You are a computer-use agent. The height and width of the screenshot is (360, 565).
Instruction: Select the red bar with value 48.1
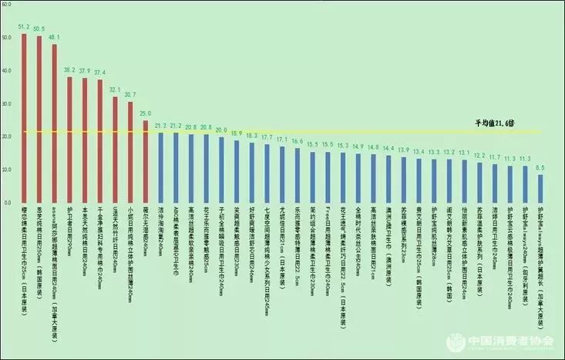coord(55,123)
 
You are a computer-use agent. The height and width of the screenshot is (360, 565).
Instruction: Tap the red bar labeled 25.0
coord(146,161)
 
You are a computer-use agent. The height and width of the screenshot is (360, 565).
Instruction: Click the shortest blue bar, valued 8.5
coord(540,188)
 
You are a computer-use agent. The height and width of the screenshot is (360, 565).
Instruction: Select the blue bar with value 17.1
coord(282,174)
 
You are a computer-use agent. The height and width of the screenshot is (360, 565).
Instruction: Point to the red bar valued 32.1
coord(116,150)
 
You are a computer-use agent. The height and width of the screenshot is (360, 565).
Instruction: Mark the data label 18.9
coord(237,133)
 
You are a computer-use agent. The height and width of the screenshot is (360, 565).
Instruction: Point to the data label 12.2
coord(479,155)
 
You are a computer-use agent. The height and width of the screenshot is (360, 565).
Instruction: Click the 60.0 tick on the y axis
coord(8,5)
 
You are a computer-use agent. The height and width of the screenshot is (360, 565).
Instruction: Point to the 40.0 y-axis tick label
coord(8,70)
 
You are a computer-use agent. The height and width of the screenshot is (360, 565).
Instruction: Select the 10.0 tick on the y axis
coord(8,169)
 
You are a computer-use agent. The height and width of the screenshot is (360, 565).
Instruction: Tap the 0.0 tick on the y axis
coord(8,203)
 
